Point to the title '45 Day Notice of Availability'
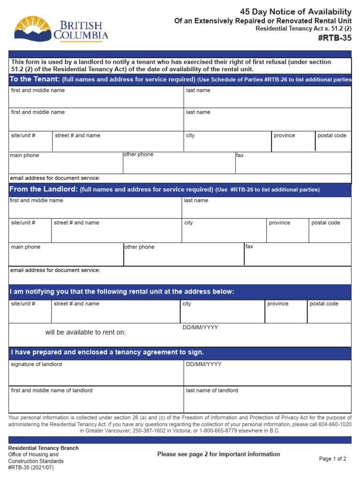tap(295, 12)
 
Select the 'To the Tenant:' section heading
tap(35, 79)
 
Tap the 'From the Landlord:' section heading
tap(43, 189)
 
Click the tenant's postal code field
tap(333, 141)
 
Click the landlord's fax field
tap(298, 255)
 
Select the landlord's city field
tap(224, 230)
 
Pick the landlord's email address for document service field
tap(180, 275)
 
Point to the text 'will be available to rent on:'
tap(85, 332)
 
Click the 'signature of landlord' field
tap(96, 373)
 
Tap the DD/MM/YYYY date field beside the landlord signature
tap(267, 373)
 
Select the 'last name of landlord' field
tap(267, 399)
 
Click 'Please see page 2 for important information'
tap(218, 454)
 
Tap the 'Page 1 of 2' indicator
tap(332, 459)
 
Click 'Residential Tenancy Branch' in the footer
tap(44, 448)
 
